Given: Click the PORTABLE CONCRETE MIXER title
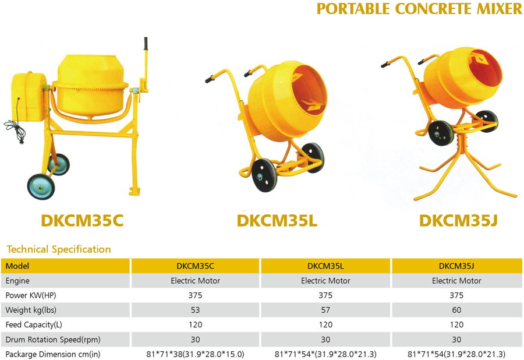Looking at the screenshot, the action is click(419, 9).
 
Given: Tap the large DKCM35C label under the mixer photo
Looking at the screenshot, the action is click(82, 221).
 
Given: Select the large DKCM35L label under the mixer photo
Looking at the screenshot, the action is click(277, 221).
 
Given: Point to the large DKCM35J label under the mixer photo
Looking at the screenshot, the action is click(459, 221).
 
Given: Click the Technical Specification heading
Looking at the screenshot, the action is click(59, 249).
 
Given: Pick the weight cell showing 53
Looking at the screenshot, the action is click(195, 310).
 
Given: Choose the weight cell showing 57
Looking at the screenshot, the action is click(325, 310).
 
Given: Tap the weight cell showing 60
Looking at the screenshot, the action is click(456, 310).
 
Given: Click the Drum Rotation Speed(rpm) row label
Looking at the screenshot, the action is click(53, 340).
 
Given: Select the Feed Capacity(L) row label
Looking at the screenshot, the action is click(34, 324).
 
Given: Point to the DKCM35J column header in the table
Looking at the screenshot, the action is click(456, 266).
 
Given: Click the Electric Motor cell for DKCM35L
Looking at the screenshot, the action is click(325, 281).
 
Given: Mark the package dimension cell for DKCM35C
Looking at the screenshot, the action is click(195, 354).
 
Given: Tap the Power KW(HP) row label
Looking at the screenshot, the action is click(31, 295).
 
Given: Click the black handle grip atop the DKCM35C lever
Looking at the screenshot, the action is click(146, 44).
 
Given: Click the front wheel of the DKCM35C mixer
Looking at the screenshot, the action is click(41, 187).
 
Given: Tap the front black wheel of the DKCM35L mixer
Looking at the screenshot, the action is click(264, 175).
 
